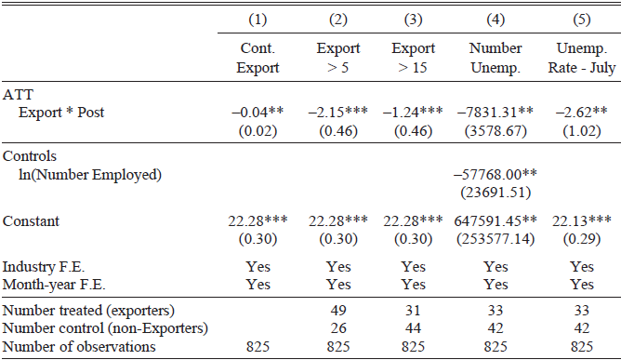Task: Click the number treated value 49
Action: [338, 310]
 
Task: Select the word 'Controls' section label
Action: [30, 156]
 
